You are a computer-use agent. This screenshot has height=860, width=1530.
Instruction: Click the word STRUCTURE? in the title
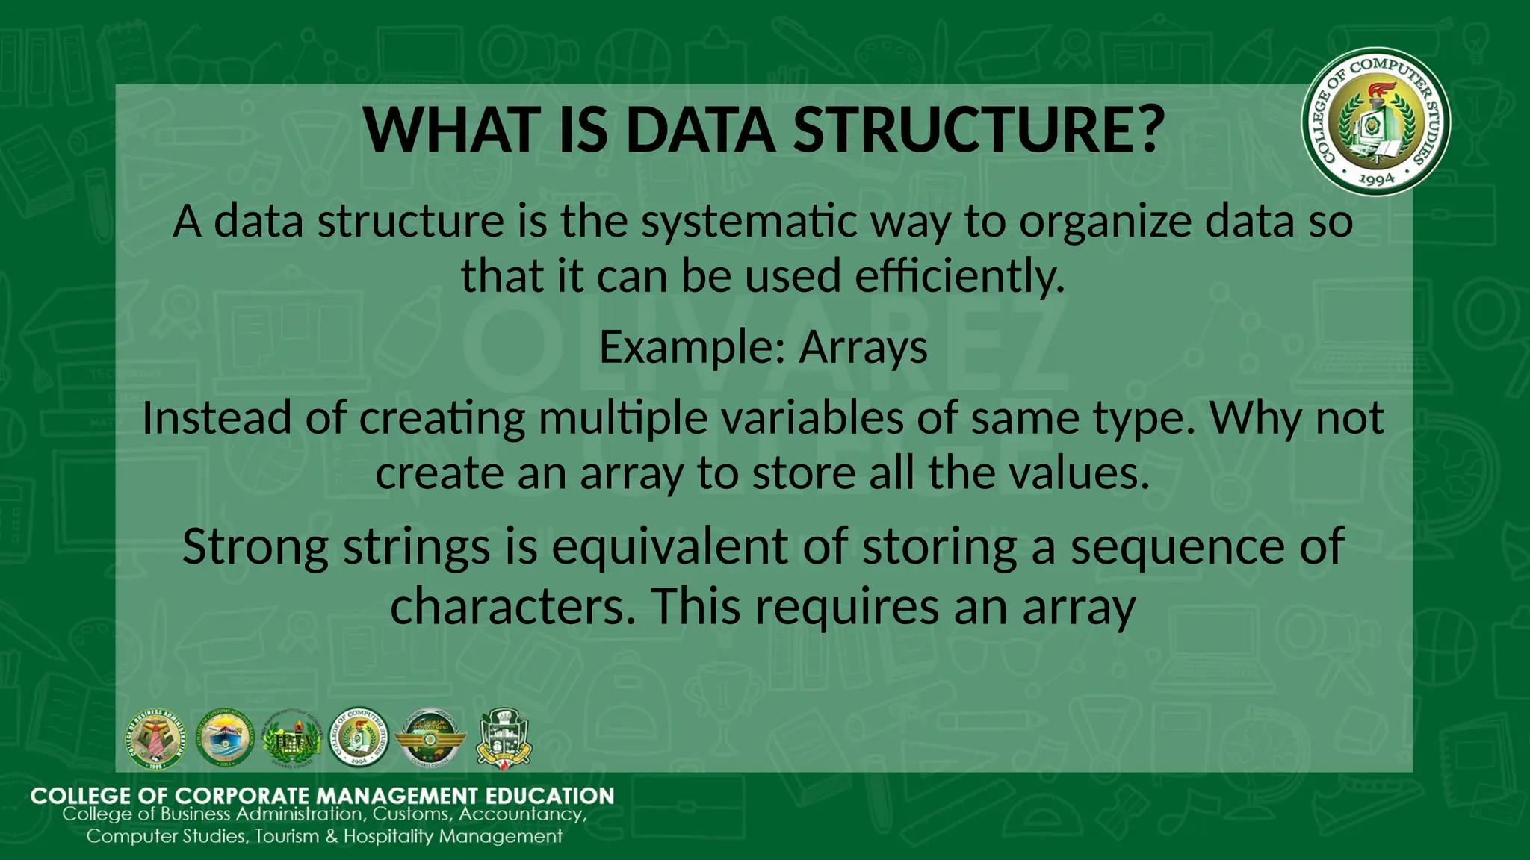click(979, 130)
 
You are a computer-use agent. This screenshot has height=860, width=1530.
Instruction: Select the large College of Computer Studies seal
click(1376, 122)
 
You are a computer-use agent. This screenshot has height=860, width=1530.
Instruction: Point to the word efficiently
click(959, 275)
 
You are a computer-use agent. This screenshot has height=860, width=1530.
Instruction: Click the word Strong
click(255, 546)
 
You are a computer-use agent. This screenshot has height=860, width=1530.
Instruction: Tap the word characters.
click(514, 606)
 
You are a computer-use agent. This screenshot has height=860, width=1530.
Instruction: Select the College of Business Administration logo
click(154, 739)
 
